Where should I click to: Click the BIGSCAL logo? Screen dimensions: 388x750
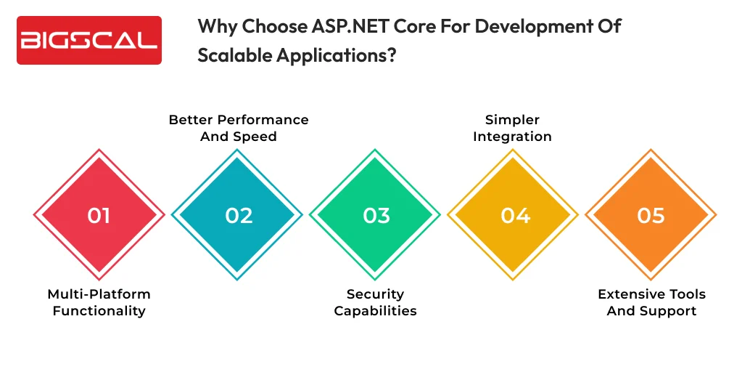pos(88,40)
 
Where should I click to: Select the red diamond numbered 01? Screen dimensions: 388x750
pos(99,215)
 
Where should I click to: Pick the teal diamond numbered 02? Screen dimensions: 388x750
pos(237,215)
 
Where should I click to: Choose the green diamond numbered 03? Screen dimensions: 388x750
pos(375,215)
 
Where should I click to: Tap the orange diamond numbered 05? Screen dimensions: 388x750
pos(651,215)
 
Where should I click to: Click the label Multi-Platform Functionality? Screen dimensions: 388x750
pos(99,302)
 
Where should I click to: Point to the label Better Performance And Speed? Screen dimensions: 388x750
pos(238,128)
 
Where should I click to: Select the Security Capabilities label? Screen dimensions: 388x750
pos(375,302)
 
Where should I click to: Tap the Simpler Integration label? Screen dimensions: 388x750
pos(512,128)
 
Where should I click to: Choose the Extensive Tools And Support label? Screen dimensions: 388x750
pos(651,302)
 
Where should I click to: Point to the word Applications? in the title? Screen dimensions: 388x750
pos(336,55)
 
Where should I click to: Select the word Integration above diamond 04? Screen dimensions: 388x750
pos(512,137)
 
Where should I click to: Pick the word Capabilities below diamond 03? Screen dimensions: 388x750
pos(375,311)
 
